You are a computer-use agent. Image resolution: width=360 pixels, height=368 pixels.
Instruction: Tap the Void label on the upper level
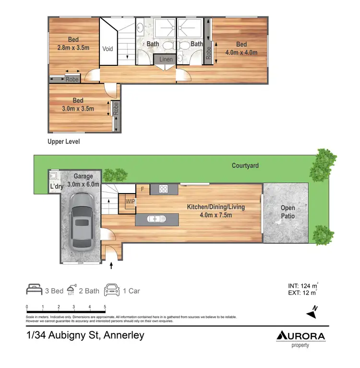(x=108, y=49)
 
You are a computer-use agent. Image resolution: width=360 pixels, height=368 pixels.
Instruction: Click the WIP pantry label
(x=130, y=202)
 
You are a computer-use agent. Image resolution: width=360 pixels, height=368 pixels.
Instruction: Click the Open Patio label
(x=288, y=212)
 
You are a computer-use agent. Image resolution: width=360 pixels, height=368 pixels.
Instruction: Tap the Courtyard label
(x=245, y=166)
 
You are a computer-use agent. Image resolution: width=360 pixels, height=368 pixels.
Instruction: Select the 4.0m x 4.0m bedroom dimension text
(x=241, y=53)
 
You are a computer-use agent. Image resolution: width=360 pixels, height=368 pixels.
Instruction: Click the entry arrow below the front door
(x=112, y=264)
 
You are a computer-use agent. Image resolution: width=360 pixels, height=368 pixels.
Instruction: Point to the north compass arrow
(x=312, y=312)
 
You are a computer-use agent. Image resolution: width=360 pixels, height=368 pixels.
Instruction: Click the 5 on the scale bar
(x=105, y=307)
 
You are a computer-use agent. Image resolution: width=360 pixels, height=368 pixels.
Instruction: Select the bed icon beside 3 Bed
(x=34, y=291)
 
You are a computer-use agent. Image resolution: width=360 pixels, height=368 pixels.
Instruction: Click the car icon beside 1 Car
(x=112, y=291)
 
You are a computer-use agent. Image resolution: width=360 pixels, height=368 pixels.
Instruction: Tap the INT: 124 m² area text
(x=300, y=285)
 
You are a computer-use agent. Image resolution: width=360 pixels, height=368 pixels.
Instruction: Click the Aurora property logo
(x=300, y=338)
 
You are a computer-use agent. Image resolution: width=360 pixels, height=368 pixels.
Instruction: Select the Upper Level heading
(x=63, y=142)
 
